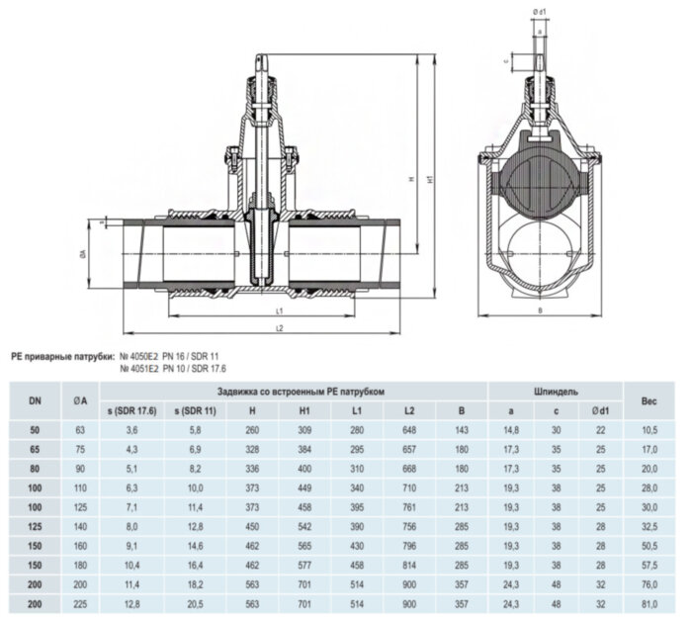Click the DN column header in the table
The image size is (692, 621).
[x=36, y=399]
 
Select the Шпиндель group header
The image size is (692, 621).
[x=549, y=391]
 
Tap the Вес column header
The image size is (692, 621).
[x=649, y=399]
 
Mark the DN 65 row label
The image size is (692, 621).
[x=36, y=449]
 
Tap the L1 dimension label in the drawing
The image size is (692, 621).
[x=281, y=310]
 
